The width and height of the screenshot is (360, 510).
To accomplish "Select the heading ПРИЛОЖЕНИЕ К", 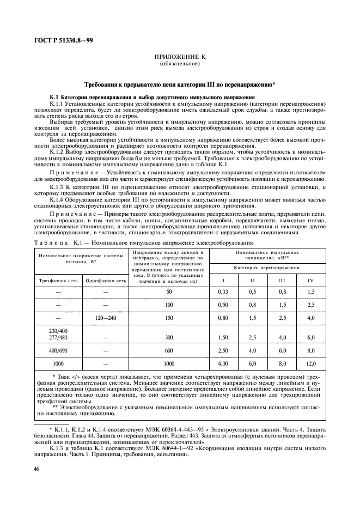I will pos(180,57).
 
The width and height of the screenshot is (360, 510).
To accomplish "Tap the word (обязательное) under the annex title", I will pos(180,63).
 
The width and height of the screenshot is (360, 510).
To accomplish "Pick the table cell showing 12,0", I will pos(310,363).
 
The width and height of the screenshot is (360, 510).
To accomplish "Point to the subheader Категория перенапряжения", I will pos(267,268).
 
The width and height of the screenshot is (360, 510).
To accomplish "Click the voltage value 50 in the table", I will pos(169,293).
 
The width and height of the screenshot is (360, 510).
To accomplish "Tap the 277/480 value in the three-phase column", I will pos(57,337).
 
